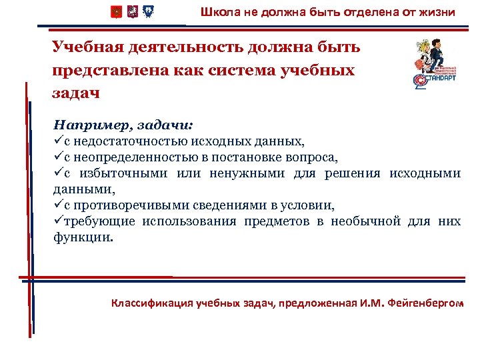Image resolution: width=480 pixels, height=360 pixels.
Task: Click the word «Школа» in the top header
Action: click(217, 12)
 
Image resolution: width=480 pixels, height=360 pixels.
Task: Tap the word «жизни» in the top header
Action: click(438, 12)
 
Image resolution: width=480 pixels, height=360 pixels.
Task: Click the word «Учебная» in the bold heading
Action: click(87, 47)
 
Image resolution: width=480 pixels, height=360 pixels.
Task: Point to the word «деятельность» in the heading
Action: click(183, 47)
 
